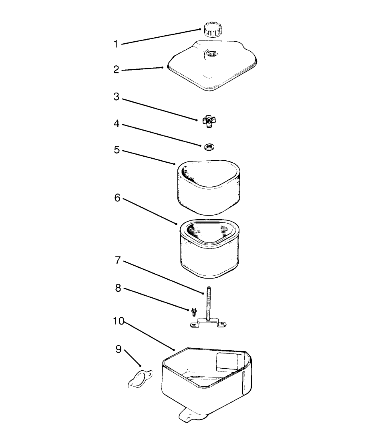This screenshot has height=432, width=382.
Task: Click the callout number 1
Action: [116, 44]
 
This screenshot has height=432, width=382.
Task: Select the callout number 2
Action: [116, 70]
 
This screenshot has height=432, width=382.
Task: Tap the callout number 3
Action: [116, 97]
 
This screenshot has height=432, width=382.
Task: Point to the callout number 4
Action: [117, 124]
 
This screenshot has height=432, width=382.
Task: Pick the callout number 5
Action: [117, 150]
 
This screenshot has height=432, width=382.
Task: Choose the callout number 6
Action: [117, 198]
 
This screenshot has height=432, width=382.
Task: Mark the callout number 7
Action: [118, 260]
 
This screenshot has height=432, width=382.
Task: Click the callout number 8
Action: [118, 288]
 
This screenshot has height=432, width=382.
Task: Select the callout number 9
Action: [119, 349]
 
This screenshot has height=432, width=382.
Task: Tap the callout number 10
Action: [119, 321]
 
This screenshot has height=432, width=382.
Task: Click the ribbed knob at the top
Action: [213, 30]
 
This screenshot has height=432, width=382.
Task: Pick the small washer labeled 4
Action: [209, 147]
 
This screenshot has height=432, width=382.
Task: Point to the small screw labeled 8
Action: [194, 311]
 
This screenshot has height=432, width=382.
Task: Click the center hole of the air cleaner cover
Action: [210, 54]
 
